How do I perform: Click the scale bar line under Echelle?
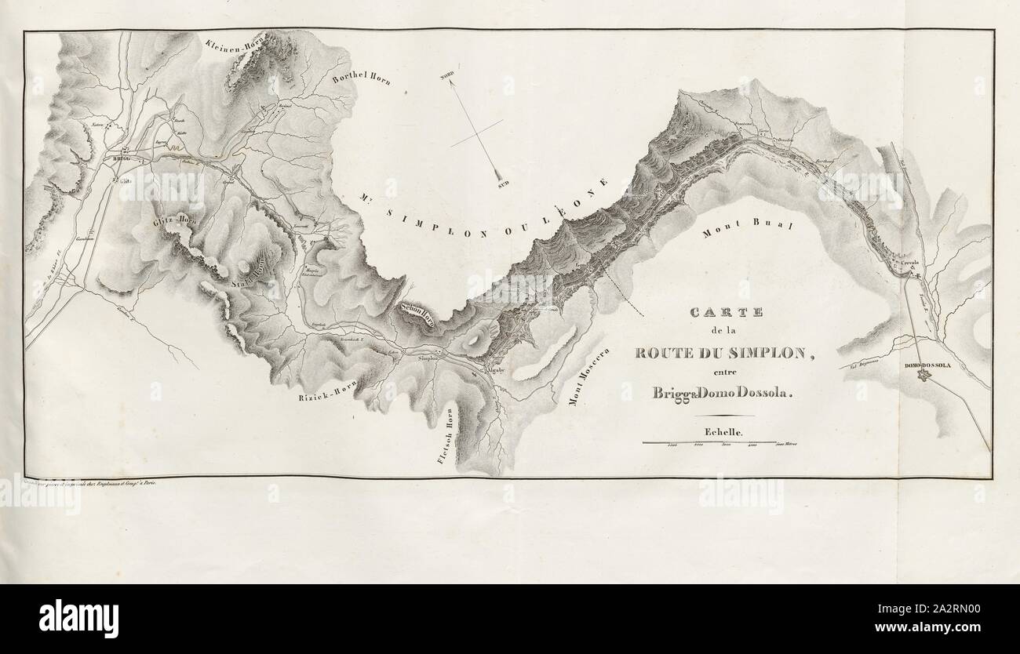(x=710, y=443)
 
